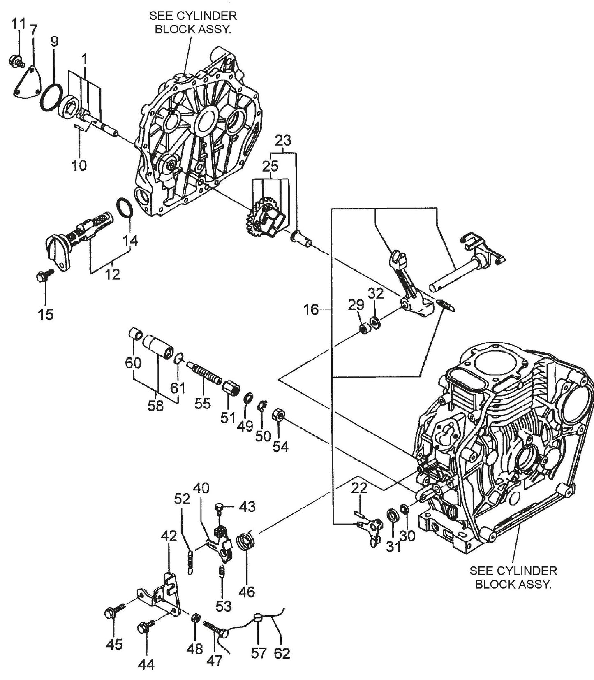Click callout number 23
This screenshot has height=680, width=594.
click(x=283, y=141)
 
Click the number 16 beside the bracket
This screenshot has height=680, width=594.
click(x=311, y=309)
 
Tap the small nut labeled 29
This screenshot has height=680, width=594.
click(x=364, y=329)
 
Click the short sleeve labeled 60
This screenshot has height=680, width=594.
click(x=135, y=333)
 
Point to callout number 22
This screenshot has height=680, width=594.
click(x=359, y=488)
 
